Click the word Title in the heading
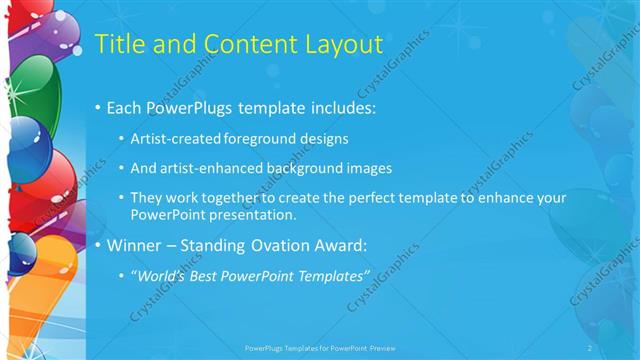pyautogui.click(x=119, y=44)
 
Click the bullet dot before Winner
pyautogui.click(x=98, y=244)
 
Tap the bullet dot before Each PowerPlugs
pyautogui.click(x=98, y=106)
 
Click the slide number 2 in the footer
pyautogui.click(x=590, y=347)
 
